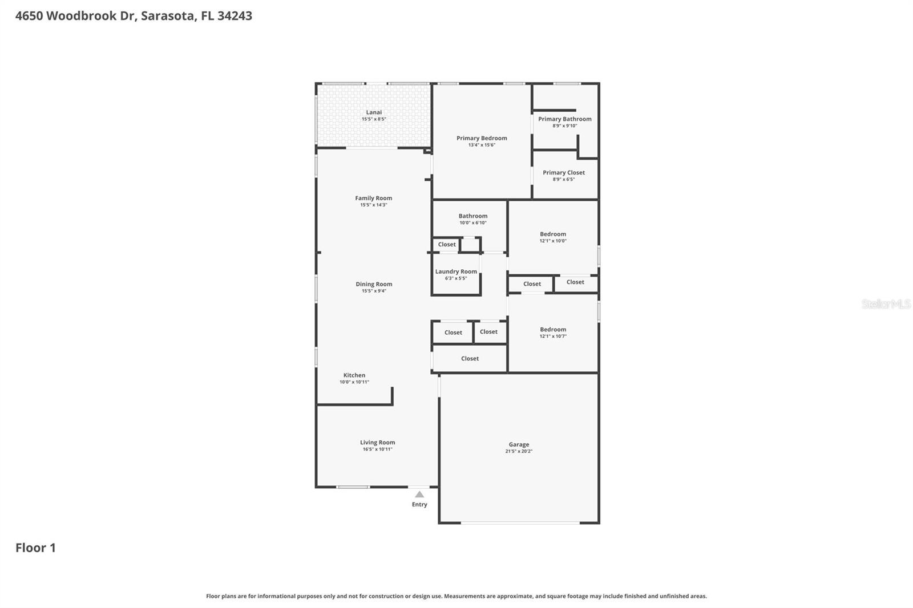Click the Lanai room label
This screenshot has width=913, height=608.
point(374,112)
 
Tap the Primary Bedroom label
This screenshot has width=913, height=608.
point(482,138)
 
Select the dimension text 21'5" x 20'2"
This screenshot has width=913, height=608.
point(519,451)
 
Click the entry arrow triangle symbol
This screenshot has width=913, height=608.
point(419,494)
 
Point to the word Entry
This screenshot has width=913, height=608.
point(419,504)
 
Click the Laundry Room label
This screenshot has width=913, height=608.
point(456,271)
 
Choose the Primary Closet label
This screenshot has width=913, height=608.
point(564,172)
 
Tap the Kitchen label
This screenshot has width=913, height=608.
point(354,375)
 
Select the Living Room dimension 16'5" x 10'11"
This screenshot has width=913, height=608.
point(377,449)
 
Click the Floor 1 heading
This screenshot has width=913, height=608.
point(35,548)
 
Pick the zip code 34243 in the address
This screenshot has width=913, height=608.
point(235,16)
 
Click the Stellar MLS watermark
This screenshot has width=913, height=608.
point(886,304)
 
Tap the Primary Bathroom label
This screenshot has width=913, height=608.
point(564,119)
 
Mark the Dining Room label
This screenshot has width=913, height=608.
point(374,284)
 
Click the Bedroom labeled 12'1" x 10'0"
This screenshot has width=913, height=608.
point(553,234)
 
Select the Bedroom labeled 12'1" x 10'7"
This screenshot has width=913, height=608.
point(553,329)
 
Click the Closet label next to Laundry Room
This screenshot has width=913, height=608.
point(447,244)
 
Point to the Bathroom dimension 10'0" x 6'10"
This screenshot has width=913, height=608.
point(473,222)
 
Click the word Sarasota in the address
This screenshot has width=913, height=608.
point(167,16)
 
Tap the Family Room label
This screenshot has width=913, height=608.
point(374,198)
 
